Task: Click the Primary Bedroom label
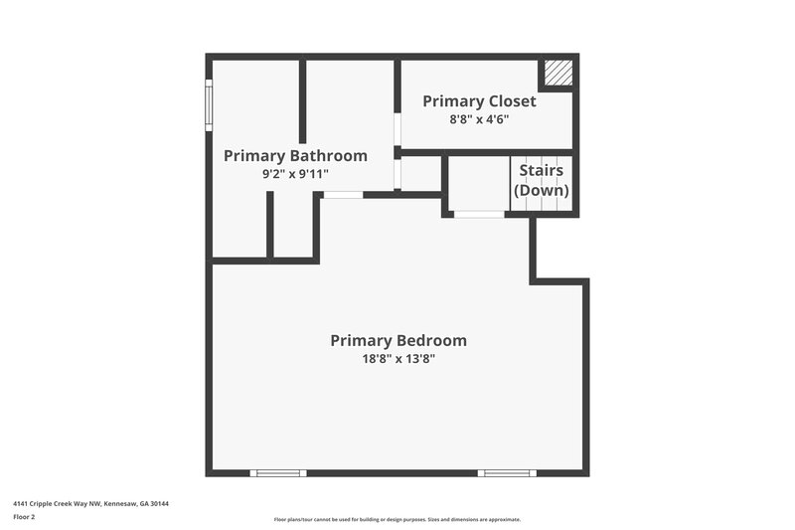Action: pyautogui.click(x=398, y=340)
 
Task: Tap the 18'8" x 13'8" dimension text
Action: pyautogui.click(x=398, y=359)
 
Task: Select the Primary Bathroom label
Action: pyautogui.click(x=295, y=156)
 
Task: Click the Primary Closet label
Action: pyautogui.click(x=479, y=101)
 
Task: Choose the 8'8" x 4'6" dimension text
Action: pyautogui.click(x=480, y=119)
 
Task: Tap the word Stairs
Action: pyautogui.click(x=542, y=171)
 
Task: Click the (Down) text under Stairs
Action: pyautogui.click(x=542, y=190)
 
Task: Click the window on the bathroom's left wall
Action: pyautogui.click(x=209, y=105)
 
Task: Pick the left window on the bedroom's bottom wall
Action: pyautogui.click(x=278, y=472)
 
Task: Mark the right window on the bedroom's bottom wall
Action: pyautogui.click(x=507, y=472)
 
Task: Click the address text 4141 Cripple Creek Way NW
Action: pyautogui.click(x=90, y=504)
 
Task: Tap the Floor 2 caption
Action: pyautogui.click(x=24, y=517)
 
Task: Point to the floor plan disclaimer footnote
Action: pyautogui.click(x=397, y=519)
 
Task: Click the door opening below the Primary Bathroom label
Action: pyautogui.click(x=343, y=195)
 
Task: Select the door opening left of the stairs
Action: pyautogui.click(x=478, y=214)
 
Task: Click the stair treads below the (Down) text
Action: pyautogui.click(x=542, y=203)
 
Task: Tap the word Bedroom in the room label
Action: pyautogui.click(x=431, y=340)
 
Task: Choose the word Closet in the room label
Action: pyautogui.click(x=512, y=101)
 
